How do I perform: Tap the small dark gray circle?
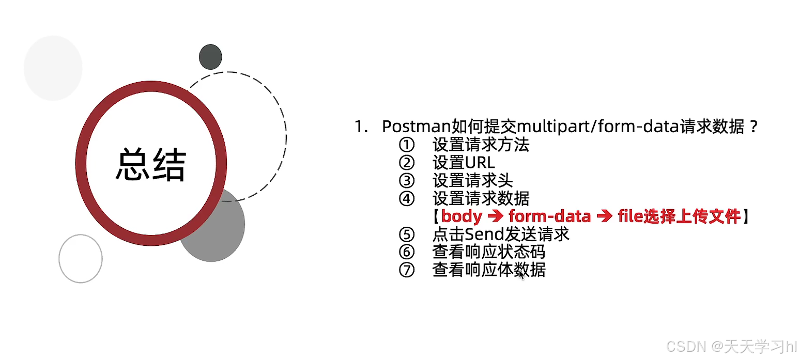[x=210, y=57]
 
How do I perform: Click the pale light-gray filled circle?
[x=53, y=68]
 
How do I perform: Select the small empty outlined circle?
[x=81, y=259]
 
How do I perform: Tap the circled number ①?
[x=407, y=145]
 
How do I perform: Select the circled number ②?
[x=407, y=163]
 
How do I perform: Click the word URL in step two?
[x=480, y=163]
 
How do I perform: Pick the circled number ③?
[x=407, y=180]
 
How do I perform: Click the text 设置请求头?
[x=472, y=180]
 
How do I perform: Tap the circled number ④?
[x=407, y=198]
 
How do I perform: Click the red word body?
[x=462, y=216]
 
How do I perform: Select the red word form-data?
[x=549, y=216]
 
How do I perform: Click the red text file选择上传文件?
[x=679, y=216]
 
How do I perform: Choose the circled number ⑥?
[x=407, y=252]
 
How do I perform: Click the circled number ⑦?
[x=407, y=270]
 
